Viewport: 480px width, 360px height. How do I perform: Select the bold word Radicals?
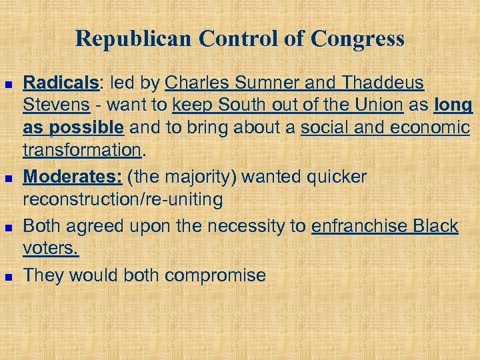(60, 83)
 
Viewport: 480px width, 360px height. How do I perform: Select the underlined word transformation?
(83, 151)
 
